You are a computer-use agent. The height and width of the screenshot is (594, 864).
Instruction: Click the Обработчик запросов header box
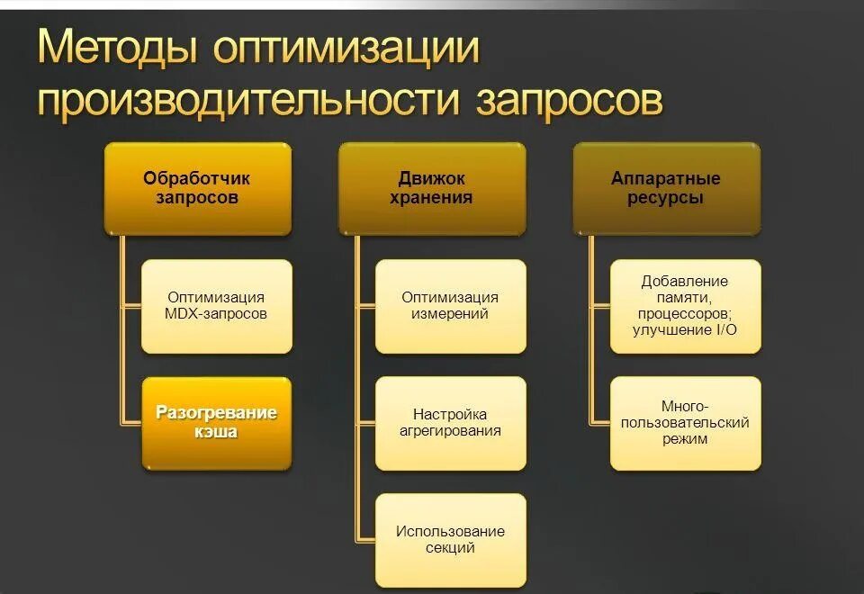point(197,188)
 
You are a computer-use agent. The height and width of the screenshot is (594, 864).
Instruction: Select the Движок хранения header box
point(431,188)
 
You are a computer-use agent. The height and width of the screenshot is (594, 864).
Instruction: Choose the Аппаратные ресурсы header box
point(666,188)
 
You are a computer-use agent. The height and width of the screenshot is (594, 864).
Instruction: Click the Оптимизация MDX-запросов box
point(217,306)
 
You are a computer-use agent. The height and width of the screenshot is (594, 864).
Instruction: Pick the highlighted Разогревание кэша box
point(217,423)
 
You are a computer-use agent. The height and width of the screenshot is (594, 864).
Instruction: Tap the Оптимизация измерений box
point(450,306)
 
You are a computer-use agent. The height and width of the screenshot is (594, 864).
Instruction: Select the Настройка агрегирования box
point(450,423)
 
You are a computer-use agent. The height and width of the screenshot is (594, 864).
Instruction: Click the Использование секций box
point(450,539)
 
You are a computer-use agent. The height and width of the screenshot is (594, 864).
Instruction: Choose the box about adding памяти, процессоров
point(685,306)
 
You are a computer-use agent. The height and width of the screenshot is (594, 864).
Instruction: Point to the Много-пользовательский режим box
point(685,423)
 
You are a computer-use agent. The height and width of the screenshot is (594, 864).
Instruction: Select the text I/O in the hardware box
point(724,330)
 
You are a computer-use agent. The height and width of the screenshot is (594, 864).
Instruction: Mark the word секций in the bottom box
point(450,548)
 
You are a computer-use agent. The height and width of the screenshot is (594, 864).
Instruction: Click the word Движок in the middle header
point(432,178)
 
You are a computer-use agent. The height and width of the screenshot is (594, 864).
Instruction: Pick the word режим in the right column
point(685,439)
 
